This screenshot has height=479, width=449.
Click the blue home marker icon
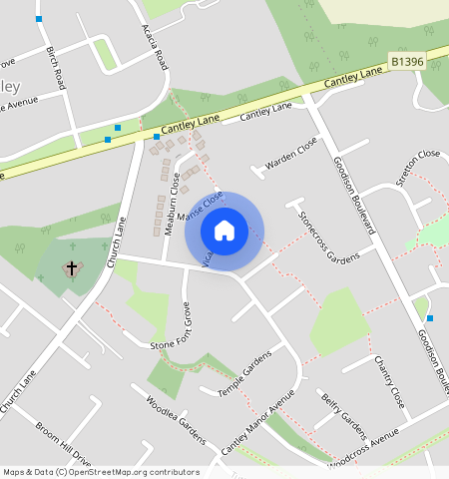point(224,231)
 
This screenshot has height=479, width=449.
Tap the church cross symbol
point(72,268)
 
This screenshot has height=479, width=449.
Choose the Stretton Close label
point(418,167)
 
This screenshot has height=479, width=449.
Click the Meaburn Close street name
point(174,197)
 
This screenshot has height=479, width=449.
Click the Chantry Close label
point(389,381)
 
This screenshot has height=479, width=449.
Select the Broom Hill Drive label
point(63,446)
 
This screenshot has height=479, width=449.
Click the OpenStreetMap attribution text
point(101,472)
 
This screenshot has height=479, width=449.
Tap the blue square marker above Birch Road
point(39,19)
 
